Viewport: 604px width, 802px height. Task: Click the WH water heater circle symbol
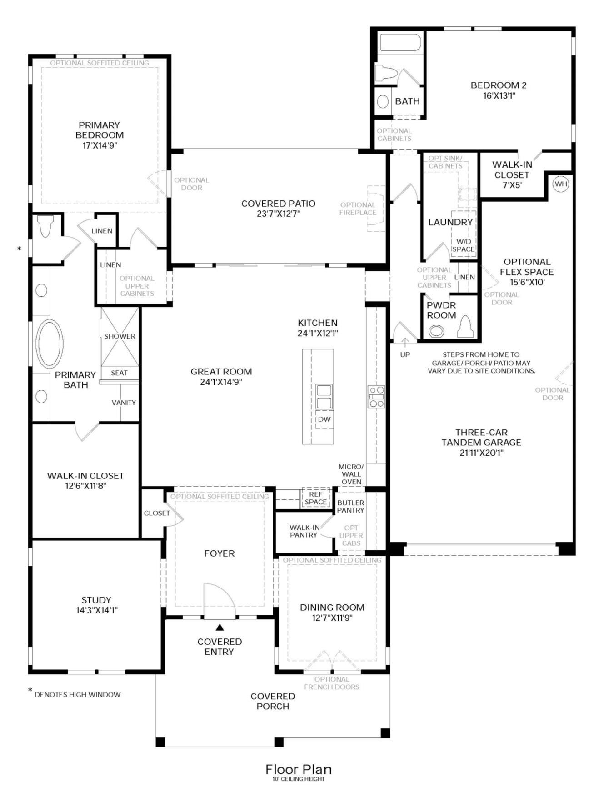(561, 184)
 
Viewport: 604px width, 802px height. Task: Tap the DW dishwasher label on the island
(324, 419)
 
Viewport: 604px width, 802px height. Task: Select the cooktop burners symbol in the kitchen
(376, 397)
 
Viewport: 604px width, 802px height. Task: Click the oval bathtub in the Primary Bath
(49, 344)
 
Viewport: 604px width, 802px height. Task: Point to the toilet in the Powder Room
(465, 326)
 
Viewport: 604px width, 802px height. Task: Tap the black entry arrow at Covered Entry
(220, 628)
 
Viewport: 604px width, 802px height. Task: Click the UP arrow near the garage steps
(405, 341)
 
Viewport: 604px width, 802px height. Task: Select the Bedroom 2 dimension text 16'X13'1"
(499, 95)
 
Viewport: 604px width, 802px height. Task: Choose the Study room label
(96, 600)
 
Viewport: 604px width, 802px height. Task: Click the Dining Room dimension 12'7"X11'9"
(332, 618)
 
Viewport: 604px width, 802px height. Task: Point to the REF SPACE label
(316, 498)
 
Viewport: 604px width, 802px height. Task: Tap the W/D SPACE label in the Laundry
(463, 245)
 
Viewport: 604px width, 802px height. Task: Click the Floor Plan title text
(299, 769)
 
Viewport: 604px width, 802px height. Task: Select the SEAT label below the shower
(120, 373)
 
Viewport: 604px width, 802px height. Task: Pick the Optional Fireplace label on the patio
(358, 209)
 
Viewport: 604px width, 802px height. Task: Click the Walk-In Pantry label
(304, 531)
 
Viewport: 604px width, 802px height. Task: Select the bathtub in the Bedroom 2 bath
(400, 42)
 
